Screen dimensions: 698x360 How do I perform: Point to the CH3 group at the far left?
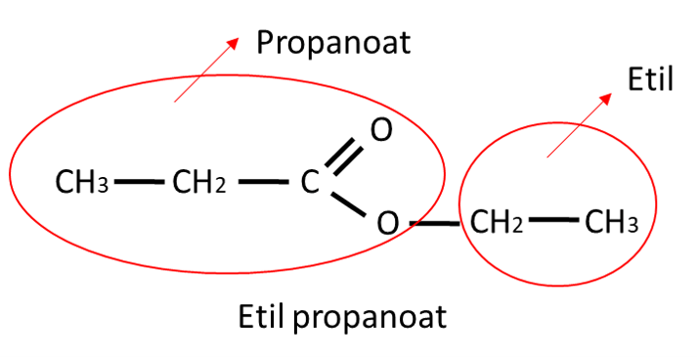pyautogui.click(x=81, y=182)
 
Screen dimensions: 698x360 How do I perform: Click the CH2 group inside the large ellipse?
pyautogui.click(x=199, y=182)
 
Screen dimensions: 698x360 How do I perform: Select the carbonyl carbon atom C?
pyautogui.click(x=309, y=182)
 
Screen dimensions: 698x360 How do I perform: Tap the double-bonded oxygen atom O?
pyautogui.click(x=381, y=129)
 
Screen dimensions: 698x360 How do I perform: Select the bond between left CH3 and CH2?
pyautogui.click(x=139, y=182)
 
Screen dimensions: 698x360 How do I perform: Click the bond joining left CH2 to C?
pyautogui.click(x=260, y=182)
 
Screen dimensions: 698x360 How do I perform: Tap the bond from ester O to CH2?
pyautogui.click(x=434, y=224)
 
